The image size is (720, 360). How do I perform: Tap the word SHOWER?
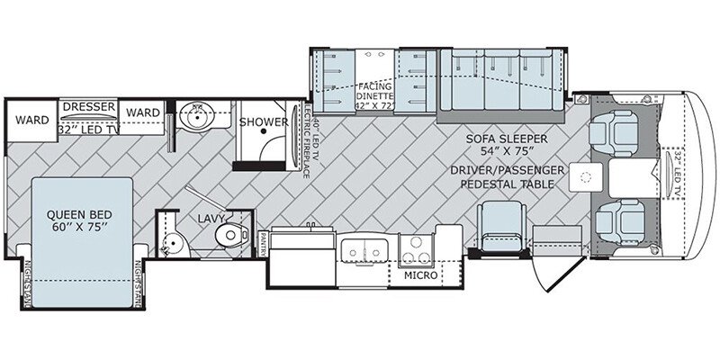(x=263, y=122)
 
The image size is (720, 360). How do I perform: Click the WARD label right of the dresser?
(x=143, y=112)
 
